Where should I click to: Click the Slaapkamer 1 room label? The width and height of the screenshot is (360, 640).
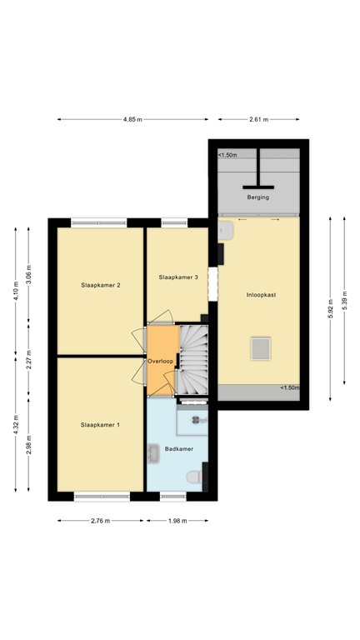pyautogui.click(x=100, y=425)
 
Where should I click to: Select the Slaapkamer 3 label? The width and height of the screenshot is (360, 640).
pyautogui.click(x=178, y=277)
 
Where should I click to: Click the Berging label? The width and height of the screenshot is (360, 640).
pyautogui.click(x=258, y=197)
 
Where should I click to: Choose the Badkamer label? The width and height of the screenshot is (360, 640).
pyautogui.click(x=179, y=448)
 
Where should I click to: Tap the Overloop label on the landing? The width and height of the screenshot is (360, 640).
pyautogui.click(x=160, y=362)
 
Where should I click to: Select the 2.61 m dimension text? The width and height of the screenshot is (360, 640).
pyautogui.click(x=258, y=120)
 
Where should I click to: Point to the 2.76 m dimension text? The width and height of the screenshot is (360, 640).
pyautogui.click(x=100, y=522)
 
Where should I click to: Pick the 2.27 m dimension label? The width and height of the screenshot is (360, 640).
pyautogui.click(x=28, y=362)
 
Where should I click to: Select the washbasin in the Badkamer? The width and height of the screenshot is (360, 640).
pyautogui.click(x=154, y=452)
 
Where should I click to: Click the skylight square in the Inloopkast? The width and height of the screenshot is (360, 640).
pyautogui.click(x=261, y=346)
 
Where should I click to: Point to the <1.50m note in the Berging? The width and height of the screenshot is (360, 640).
pyautogui.click(x=227, y=155)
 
